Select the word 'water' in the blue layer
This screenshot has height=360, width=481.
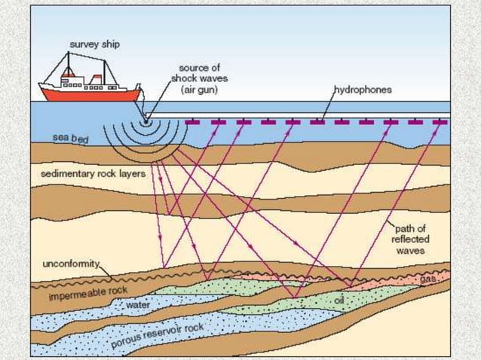click(139, 306)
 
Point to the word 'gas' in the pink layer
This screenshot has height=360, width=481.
click(428, 279)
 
